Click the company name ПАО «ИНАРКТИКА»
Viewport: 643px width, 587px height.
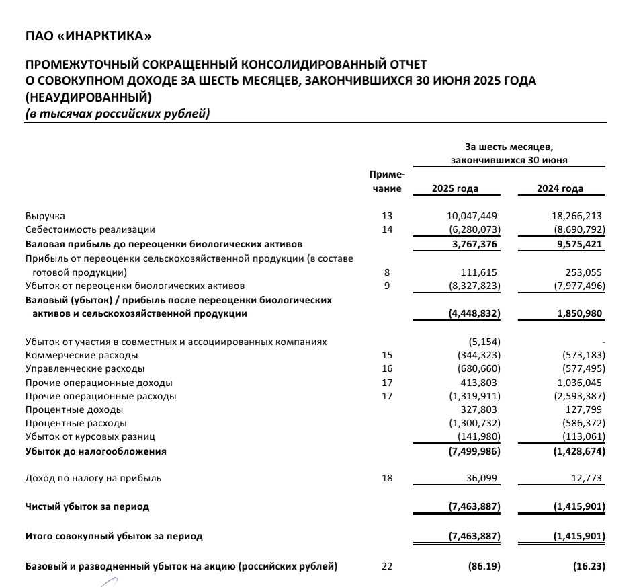(88, 35)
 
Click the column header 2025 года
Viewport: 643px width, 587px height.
(455, 189)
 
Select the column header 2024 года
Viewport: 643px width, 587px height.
(560, 189)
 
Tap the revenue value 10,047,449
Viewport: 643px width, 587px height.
(472, 217)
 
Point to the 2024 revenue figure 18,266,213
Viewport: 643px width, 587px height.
(577, 217)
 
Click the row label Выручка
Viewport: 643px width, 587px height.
(45, 217)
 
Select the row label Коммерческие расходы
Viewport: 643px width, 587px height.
(81, 355)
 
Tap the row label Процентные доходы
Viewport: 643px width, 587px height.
(74, 409)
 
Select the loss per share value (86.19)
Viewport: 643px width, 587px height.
(483, 567)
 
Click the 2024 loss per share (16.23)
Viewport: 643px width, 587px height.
(588, 567)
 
